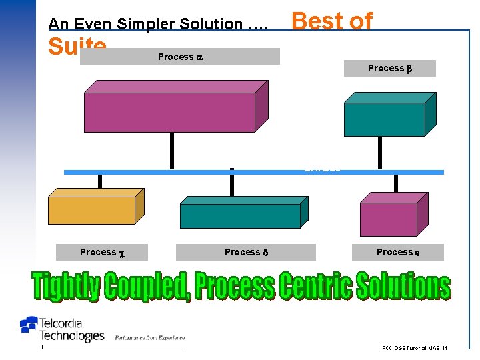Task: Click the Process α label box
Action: (179, 57)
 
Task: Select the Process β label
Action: (389, 68)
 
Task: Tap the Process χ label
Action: (102, 252)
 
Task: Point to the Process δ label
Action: (245, 252)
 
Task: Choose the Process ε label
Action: (397, 252)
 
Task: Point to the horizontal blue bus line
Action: (253, 172)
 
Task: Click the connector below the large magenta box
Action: (172, 151)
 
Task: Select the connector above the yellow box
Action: (100, 181)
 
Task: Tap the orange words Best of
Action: (332, 21)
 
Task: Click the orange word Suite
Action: (77, 46)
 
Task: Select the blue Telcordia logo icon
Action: (29, 325)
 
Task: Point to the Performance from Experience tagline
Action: (149, 338)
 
